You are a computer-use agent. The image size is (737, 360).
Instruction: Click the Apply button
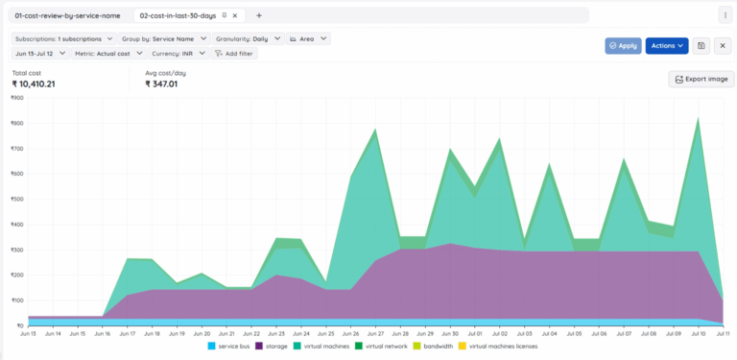[x=623, y=45]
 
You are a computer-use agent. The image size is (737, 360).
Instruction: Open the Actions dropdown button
[x=667, y=45]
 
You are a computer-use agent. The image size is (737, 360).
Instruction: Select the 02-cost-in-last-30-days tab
[x=182, y=15]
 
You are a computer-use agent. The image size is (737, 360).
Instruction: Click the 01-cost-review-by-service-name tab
[x=67, y=15]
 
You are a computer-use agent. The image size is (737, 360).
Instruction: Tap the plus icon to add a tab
[x=259, y=15]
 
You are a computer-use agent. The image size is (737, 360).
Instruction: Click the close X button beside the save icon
[x=723, y=45]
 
